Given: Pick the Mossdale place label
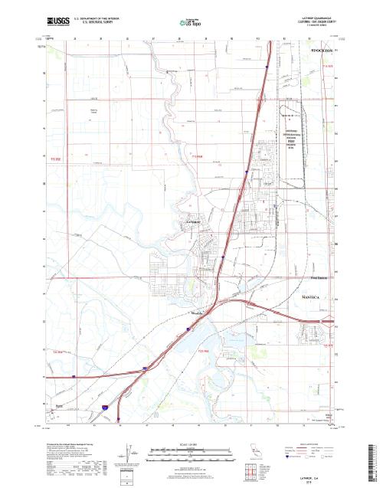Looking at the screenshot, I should coord(196,313).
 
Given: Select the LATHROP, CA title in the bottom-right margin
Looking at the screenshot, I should coord(313,476).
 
